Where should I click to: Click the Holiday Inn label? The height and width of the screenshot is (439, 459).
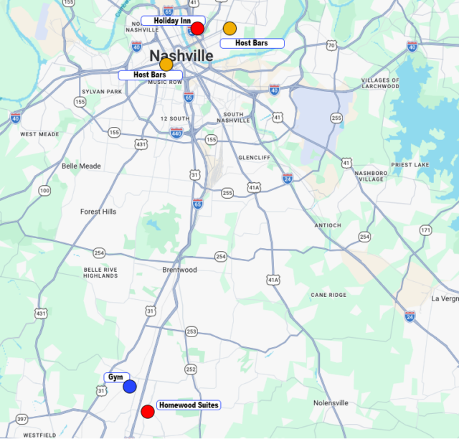[x=172, y=21]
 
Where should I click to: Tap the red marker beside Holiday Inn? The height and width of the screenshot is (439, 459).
[x=197, y=29]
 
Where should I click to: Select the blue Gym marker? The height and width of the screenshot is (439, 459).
[x=130, y=387]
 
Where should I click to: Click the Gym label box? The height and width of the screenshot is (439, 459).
[x=115, y=377]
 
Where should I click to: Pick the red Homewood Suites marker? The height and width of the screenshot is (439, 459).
[x=148, y=412]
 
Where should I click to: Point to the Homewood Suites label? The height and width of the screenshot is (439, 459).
[x=188, y=405]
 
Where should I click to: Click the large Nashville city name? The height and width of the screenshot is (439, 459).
[x=181, y=56]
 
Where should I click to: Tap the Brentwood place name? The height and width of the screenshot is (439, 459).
[x=179, y=270]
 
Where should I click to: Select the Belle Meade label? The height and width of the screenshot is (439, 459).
[x=81, y=166]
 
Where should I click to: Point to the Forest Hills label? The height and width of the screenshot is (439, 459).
[x=98, y=212]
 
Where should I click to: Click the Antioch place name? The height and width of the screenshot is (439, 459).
[x=328, y=225]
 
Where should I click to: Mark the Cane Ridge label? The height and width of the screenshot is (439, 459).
[x=328, y=295]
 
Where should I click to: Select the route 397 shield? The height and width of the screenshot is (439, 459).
[x=22, y=419]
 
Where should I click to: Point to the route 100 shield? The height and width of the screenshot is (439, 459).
[x=45, y=191]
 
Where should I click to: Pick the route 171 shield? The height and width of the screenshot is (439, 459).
[x=426, y=230]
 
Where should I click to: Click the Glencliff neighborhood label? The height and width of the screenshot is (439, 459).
[x=253, y=157]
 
